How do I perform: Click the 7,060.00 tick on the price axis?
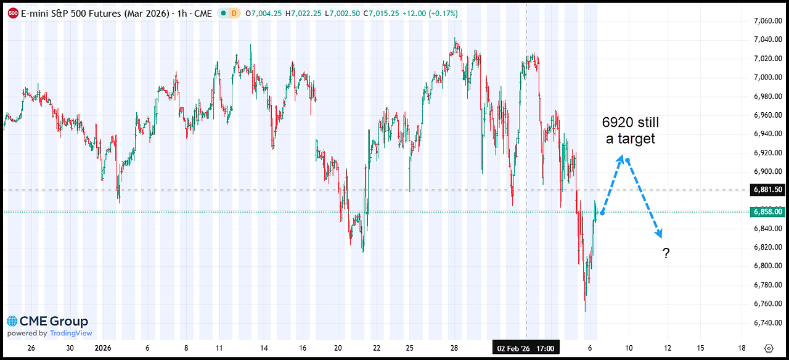(x=767, y=21)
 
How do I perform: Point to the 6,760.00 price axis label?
(x=767, y=304)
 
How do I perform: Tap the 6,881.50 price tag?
(x=767, y=190)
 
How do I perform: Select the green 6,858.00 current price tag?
(x=767, y=212)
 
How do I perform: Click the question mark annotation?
(x=666, y=253)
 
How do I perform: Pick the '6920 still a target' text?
(x=630, y=131)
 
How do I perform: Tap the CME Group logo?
(x=48, y=321)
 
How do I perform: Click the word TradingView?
(x=71, y=333)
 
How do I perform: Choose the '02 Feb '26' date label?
(x=513, y=349)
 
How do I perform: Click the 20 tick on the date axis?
(x=338, y=348)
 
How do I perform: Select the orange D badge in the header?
(x=233, y=12)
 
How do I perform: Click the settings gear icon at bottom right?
(x=768, y=348)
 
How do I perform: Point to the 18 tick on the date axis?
(x=741, y=348)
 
